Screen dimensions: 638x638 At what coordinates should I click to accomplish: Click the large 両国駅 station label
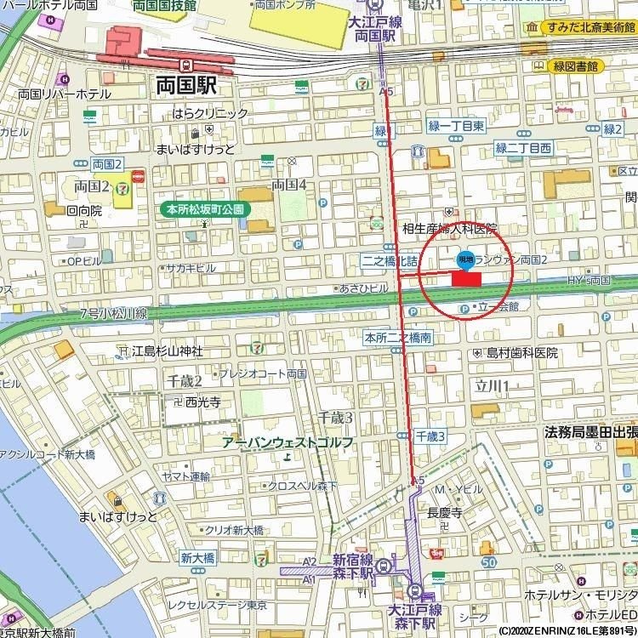coord(186,85)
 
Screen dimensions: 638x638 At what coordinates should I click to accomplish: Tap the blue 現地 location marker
coord(465,258)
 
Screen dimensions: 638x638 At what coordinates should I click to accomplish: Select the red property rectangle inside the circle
coord(466,278)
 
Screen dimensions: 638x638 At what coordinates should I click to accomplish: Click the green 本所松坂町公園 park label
coord(204,208)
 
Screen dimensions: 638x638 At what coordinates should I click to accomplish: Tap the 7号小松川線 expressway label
coord(114,314)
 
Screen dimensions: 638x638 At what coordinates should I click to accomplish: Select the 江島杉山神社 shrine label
coord(167,350)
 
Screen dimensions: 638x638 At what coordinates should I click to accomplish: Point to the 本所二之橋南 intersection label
coord(397,337)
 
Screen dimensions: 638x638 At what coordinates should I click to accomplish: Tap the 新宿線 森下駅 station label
coord(353,567)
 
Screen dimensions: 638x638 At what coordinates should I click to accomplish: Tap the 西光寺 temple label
coord(202,402)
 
